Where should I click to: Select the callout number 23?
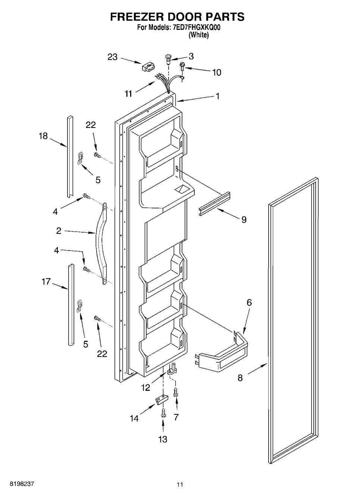tap(113, 57)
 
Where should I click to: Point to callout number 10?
tap(217, 72)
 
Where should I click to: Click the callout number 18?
tap(44, 136)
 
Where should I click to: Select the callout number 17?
tap(46, 282)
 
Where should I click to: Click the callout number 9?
tap(244, 220)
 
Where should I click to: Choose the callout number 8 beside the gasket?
tap(240, 378)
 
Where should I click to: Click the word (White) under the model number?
tap(198, 35)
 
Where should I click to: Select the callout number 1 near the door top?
tap(218, 96)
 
